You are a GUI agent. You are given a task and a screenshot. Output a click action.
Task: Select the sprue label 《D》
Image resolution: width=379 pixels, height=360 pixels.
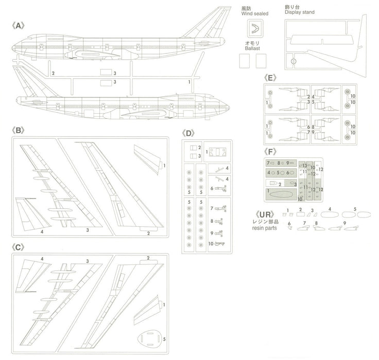click(x=189, y=133)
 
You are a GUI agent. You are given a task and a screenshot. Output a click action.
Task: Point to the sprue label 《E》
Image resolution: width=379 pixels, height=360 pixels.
click(x=270, y=78)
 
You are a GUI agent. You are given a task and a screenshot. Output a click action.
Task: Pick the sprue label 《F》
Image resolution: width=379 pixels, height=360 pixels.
click(x=270, y=152)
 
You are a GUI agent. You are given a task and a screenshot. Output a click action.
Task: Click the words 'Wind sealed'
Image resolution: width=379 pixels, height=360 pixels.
click(x=252, y=13)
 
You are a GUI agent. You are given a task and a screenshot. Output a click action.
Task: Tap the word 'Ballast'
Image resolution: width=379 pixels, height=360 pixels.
click(x=252, y=47)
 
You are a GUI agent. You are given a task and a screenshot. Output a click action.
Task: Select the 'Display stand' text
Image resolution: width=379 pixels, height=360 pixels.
click(x=299, y=12)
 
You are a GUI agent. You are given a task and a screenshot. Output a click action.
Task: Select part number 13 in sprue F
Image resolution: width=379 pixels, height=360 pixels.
click(x=304, y=165)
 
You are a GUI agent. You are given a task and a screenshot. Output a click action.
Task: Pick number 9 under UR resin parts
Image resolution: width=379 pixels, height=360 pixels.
click(x=344, y=222)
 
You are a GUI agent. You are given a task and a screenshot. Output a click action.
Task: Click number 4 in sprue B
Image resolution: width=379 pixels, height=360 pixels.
click(x=42, y=231)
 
